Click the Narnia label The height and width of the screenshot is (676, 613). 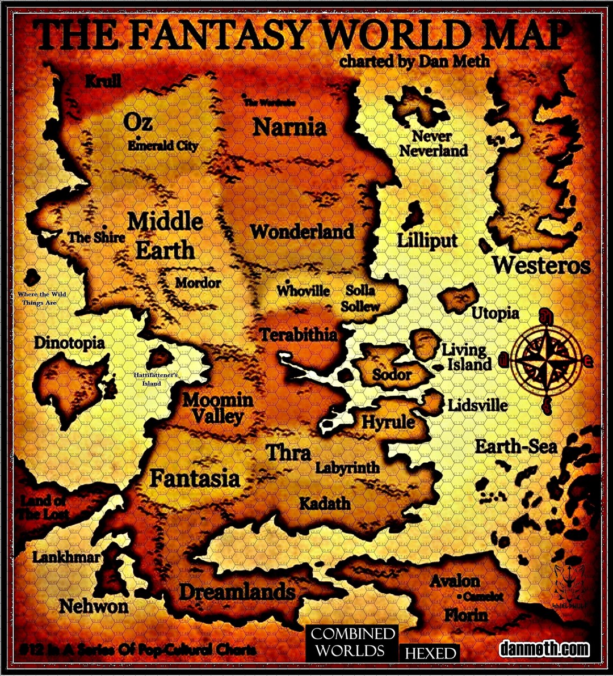click(289, 127)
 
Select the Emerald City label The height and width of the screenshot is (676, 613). click(163, 146)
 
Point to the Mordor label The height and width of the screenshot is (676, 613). click(198, 282)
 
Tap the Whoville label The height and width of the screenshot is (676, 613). click(303, 291)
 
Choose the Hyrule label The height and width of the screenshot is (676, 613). click(388, 422)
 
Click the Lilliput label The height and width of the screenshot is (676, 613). click(427, 240)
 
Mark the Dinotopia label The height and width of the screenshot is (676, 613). click(69, 343)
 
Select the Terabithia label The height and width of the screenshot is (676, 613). click(299, 335)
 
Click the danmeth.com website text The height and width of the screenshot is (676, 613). click(544, 649)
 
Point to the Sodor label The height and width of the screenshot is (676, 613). click(392, 375)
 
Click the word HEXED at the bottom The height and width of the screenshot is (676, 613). click(430, 653)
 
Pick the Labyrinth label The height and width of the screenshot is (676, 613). click(347, 468)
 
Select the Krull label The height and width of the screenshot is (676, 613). click(103, 82)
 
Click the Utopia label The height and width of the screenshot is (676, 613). click(495, 313)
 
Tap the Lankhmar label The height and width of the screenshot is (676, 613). click(66, 557)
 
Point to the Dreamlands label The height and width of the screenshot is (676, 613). click(237, 593)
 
